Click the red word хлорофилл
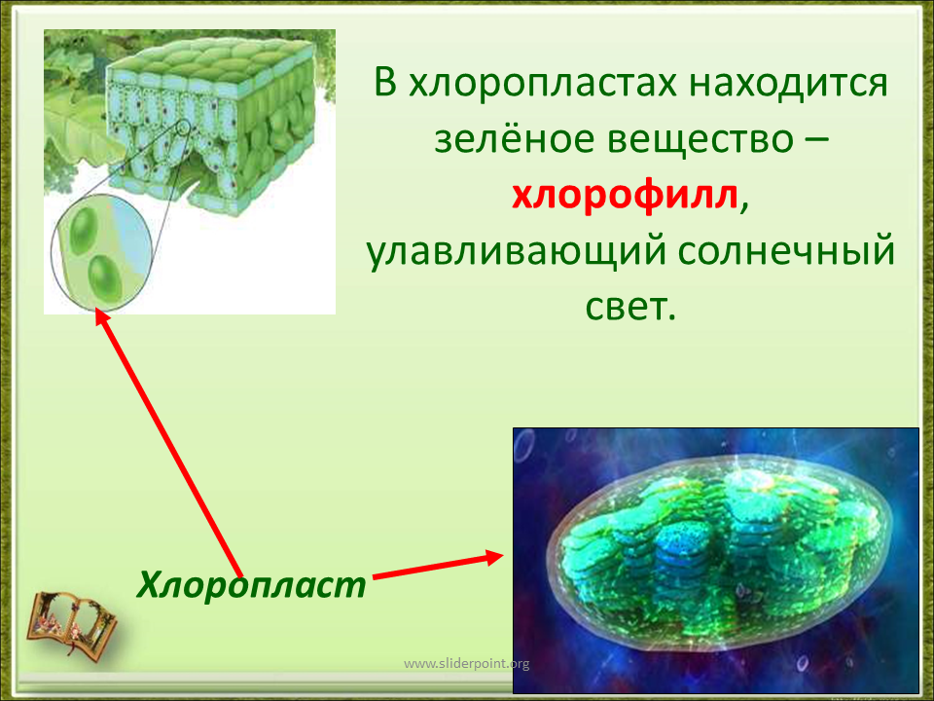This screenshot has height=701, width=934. coord(625,195)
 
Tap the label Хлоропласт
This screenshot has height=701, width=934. coord(251,585)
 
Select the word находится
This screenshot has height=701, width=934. coord(789,82)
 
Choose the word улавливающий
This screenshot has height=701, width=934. coord(516,252)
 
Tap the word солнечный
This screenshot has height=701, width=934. coord(786,250)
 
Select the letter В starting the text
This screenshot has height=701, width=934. coord(385,82)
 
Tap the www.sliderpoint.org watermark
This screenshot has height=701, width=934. coord(466,663)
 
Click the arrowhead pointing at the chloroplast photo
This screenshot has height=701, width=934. coord(494,557)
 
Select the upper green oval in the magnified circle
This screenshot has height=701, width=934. coord(83,230)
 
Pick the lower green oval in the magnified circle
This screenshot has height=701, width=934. coord(105,277)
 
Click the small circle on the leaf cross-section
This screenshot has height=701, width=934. coord(184,127)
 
